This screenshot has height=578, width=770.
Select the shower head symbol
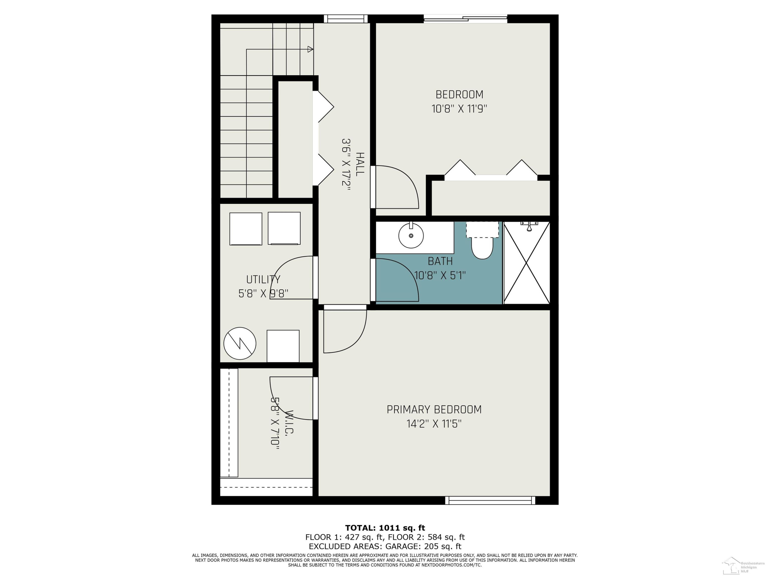[529, 226]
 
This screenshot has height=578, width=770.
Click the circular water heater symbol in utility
[240, 343]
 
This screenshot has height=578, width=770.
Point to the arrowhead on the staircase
[310, 49]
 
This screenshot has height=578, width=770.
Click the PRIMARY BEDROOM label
[434, 409]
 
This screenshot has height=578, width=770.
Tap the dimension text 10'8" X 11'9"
[459, 109]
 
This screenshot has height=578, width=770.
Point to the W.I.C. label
[289, 422]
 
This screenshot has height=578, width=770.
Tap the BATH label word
[440, 261]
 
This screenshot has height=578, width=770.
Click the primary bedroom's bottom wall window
[490, 500]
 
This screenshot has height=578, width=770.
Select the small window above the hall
[346, 19]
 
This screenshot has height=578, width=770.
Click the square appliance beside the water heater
[283, 346]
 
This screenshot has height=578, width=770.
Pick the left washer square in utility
[246, 229]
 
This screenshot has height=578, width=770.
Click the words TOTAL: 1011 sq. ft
[385, 528]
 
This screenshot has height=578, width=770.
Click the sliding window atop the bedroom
[465, 19]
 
